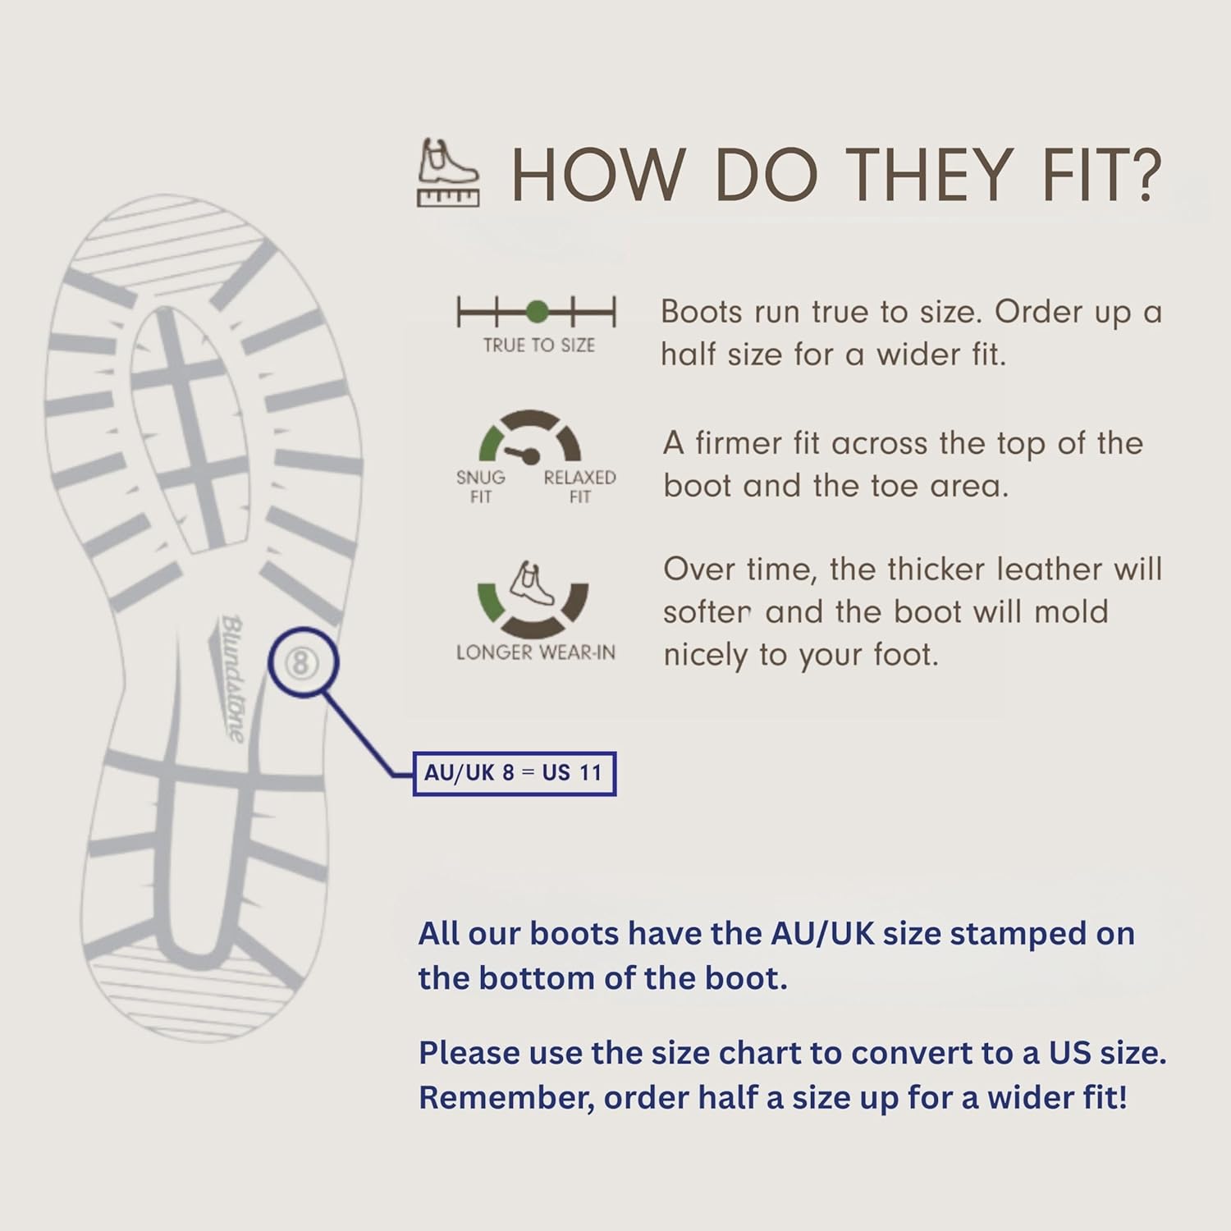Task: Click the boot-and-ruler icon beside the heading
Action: [x=449, y=172]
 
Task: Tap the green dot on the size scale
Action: [x=537, y=312]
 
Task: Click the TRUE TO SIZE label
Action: [x=538, y=346]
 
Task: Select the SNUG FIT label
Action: [x=481, y=487]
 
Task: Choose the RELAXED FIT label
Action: [x=579, y=487]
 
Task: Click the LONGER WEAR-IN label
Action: [x=536, y=652]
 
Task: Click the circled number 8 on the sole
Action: [x=301, y=662]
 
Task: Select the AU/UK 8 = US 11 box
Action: [x=514, y=773]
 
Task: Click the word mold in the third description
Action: [x=1071, y=611]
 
